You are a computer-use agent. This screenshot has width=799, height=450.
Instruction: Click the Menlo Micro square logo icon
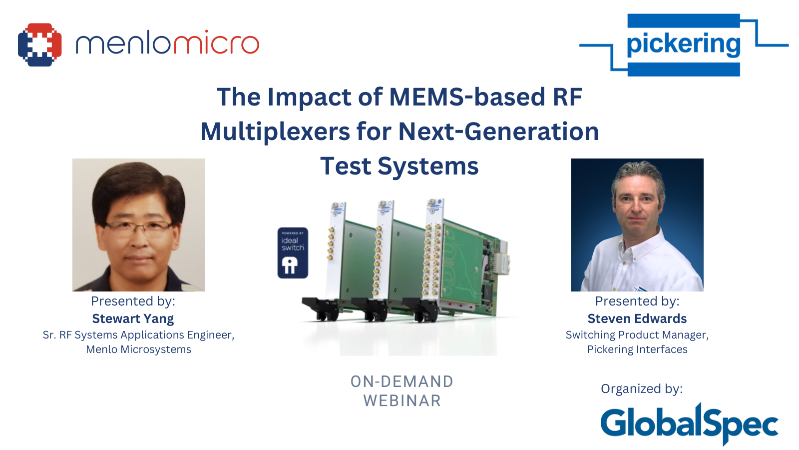(x=39, y=44)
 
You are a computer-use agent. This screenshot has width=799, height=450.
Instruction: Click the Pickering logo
(x=683, y=44)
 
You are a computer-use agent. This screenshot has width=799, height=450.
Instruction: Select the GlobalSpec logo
(x=689, y=423)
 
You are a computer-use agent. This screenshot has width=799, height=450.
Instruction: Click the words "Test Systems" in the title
(x=399, y=166)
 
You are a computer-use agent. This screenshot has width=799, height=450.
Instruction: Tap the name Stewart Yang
(x=133, y=318)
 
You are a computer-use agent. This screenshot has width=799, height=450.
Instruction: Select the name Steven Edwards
(x=637, y=318)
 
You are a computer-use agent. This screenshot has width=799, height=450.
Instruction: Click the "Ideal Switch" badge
(x=293, y=253)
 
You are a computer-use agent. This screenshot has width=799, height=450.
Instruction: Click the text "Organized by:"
(x=641, y=388)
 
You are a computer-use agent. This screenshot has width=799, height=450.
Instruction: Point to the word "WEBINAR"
(x=402, y=400)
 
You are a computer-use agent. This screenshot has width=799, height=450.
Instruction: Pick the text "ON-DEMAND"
(x=402, y=381)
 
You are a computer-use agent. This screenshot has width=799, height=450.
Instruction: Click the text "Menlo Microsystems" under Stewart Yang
(x=138, y=349)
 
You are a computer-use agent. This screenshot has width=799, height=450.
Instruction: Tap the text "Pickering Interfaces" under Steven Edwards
(x=637, y=349)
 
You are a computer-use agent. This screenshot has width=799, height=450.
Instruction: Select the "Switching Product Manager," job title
(x=637, y=334)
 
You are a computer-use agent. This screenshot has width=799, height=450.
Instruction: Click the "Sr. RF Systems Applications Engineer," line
(x=138, y=334)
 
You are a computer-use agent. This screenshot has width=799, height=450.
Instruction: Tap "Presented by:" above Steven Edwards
(x=637, y=301)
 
